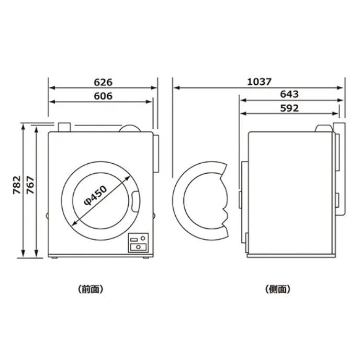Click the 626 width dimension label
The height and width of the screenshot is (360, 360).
103,82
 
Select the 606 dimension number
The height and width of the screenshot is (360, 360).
103,96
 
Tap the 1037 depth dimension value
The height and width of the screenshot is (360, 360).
259,82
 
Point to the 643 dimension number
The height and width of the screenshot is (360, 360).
289,94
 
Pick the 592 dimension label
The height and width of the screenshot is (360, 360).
289,108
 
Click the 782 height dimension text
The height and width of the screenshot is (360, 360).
17,185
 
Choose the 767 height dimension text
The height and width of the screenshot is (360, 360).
30,185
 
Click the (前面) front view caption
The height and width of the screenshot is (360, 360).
91,289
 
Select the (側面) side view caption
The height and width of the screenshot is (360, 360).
277,289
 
